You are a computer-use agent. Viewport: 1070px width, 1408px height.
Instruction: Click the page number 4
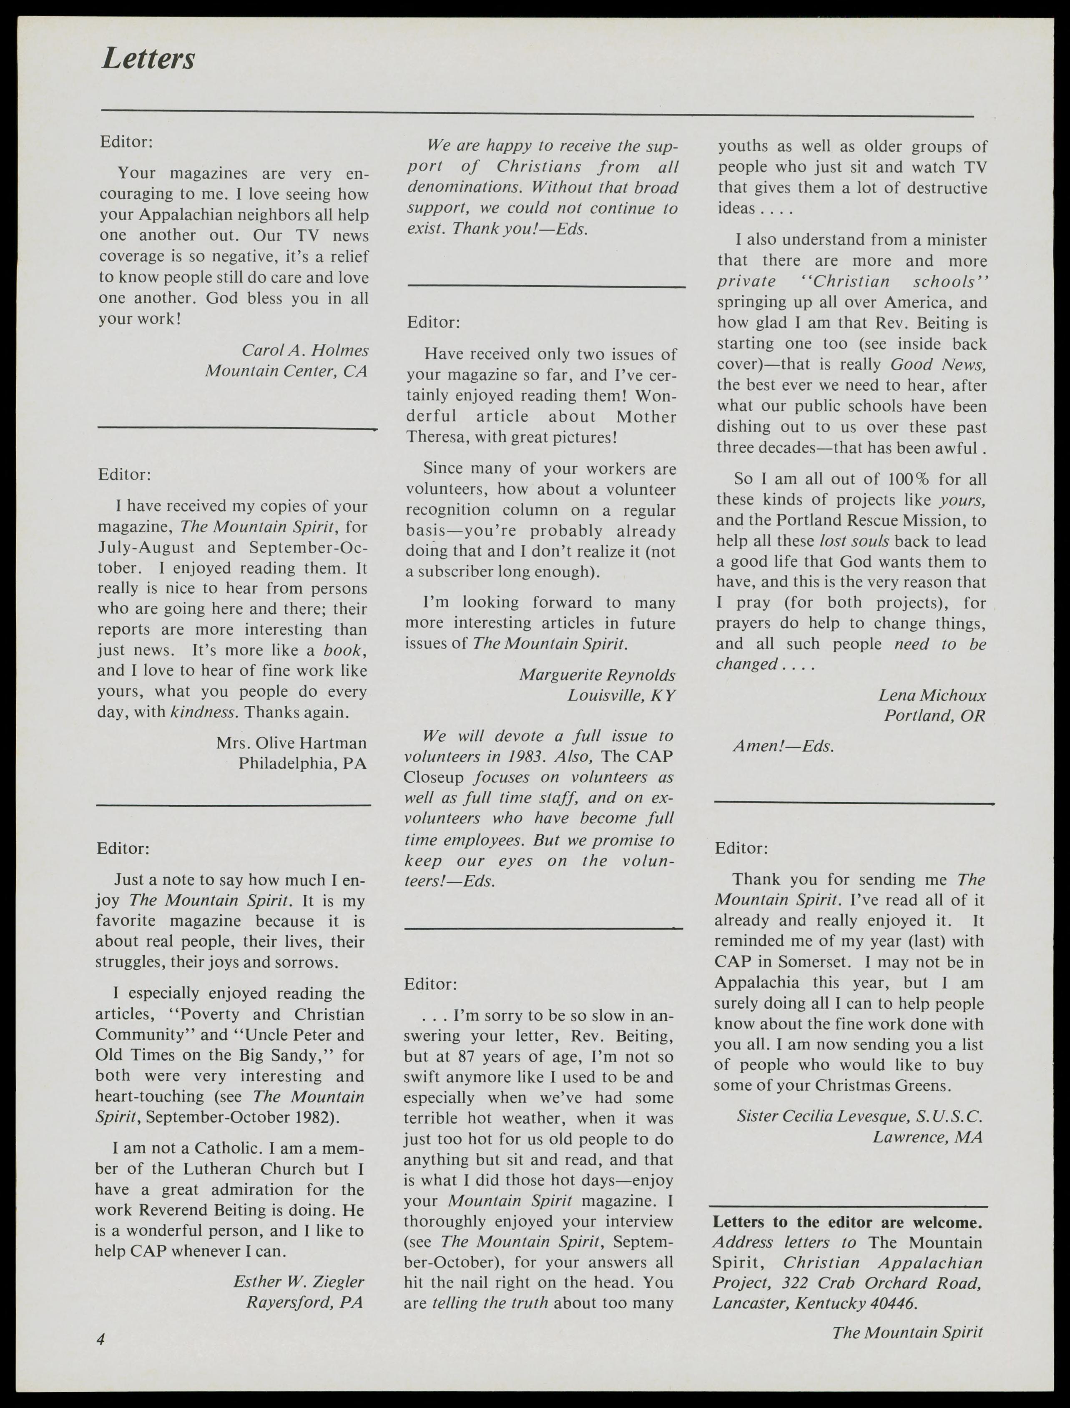tap(100, 1339)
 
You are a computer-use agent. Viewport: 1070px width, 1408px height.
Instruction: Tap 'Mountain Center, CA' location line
tap(286, 371)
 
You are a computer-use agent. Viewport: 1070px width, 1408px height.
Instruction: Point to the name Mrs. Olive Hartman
tap(291, 743)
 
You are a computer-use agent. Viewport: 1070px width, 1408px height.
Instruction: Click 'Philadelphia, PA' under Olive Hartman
tap(303, 763)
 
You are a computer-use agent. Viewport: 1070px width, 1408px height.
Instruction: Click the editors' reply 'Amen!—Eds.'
tap(783, 746)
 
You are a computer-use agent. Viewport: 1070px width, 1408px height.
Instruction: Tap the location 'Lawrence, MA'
tap(927, 1136)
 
